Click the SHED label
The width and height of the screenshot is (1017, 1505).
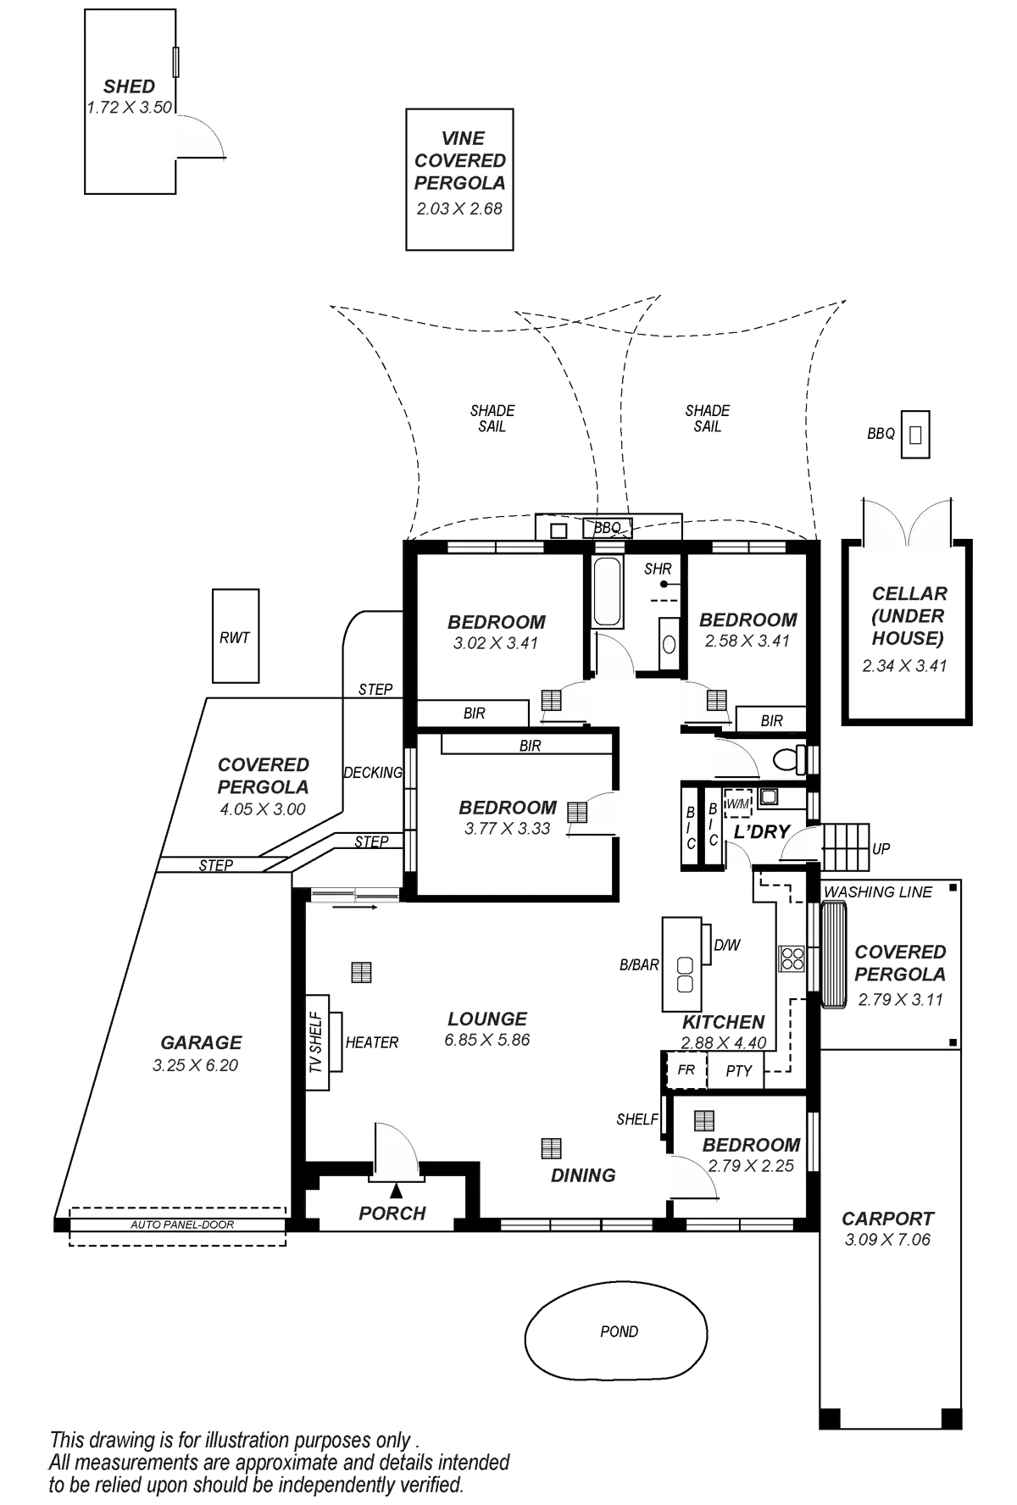click(x=130, y=86)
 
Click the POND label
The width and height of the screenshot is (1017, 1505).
click(x=620, y=1331)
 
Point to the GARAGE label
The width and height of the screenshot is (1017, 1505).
click(x=202, y=1043)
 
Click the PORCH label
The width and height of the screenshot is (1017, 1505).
click(x=392, y=1213)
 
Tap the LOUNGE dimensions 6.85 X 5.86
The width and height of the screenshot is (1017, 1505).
click(x=486, y=1040)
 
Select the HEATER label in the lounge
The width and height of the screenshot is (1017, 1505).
click(x=372, y=1042)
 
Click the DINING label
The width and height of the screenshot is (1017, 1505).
click(x=583, y=1175)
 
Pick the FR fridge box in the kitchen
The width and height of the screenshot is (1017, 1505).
click(x=686, y=1070)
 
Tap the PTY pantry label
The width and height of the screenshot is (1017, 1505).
click(x=739, y=1071)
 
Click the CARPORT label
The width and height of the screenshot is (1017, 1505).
click(x=887, y=1219)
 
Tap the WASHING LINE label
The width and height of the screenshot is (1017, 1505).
click(x=878, y=891)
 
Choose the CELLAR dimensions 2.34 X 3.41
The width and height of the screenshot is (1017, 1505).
click(x=904, y=666)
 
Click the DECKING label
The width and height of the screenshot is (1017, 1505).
click(x=372, y=773)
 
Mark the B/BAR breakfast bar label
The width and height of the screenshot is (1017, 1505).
click(x=639, y=964)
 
